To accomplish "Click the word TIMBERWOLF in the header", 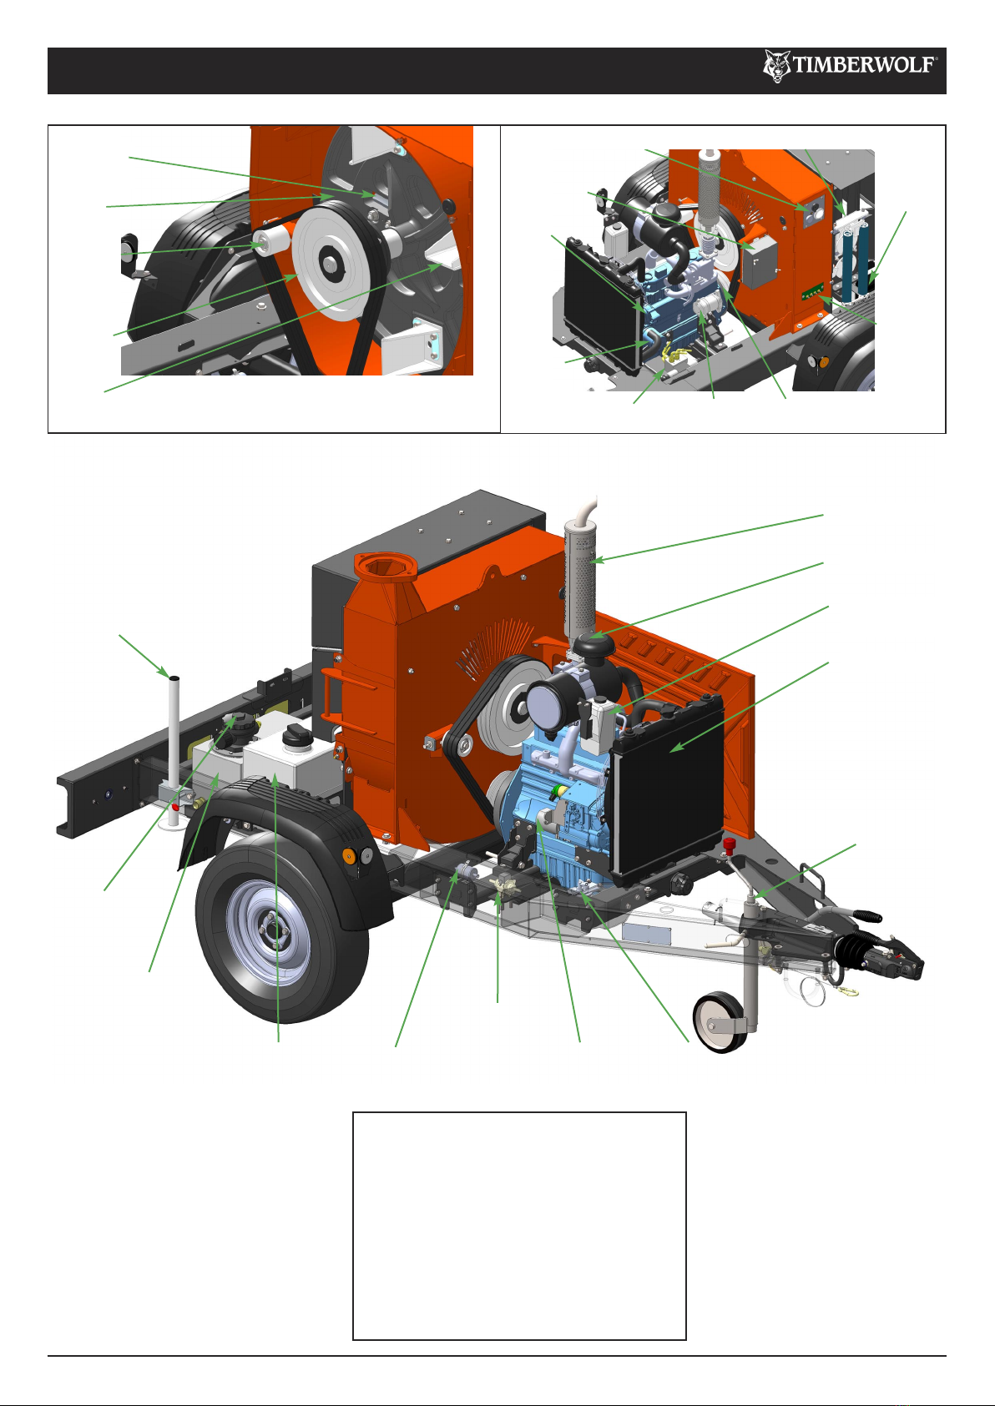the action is coord(864,64).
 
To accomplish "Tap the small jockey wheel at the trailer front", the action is coord(720,1022).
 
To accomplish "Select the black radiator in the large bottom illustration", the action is coord(669,787).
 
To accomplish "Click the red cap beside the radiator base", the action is coord(729,844).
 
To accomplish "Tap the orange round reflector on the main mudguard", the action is coord(348,854).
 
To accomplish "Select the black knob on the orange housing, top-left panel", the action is coord(448,205).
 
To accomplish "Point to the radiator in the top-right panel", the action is coord(602,301).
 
